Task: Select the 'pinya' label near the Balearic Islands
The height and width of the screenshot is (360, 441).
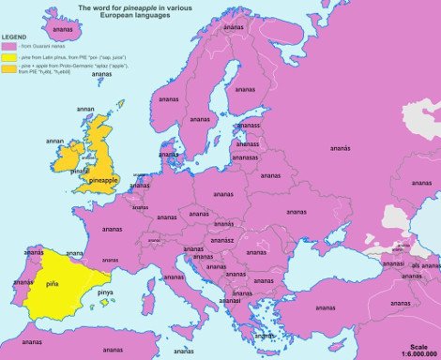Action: [106, 292]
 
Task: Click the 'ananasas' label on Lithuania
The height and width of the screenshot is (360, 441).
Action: [246, 158]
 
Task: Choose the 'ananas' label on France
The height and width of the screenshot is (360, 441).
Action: [112, 229]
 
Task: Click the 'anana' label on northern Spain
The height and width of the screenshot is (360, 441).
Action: [73, 253]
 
